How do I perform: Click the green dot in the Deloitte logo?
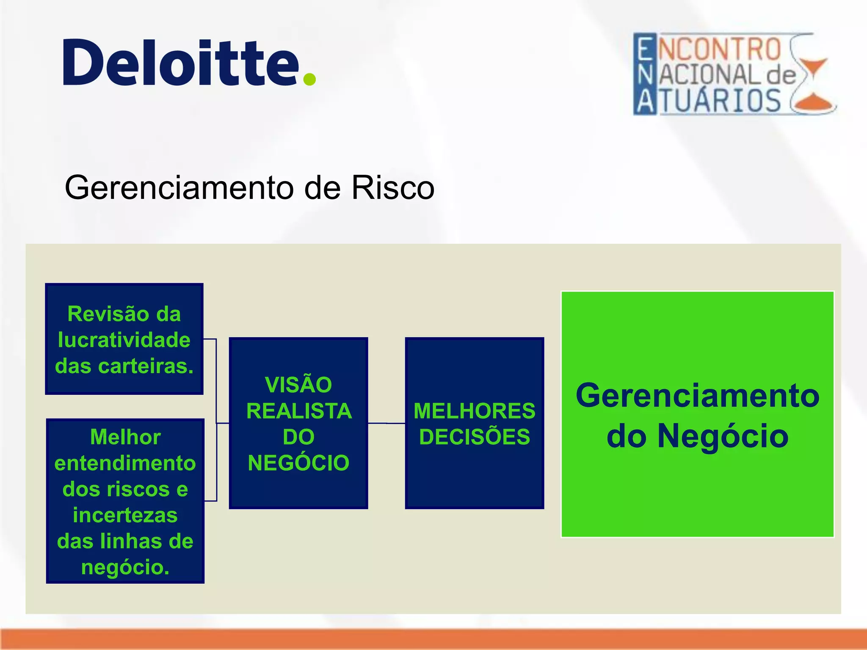coord(310,79)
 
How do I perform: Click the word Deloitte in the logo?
coord(181,63)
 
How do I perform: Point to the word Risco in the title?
coord(392,187)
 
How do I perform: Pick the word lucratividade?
coord(124,340)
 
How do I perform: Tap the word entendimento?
coord(125,463)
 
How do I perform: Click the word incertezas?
coord(125,515)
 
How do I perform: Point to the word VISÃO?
coord(298,385)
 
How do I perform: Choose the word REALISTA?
coord(299,411)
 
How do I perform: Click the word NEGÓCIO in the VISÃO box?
coord(298,463)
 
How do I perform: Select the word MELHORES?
coord(474,411)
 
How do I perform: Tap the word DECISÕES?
coord(474,437)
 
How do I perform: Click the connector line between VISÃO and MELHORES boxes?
coord(386,423)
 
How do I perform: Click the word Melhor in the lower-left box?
coord(125,437)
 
